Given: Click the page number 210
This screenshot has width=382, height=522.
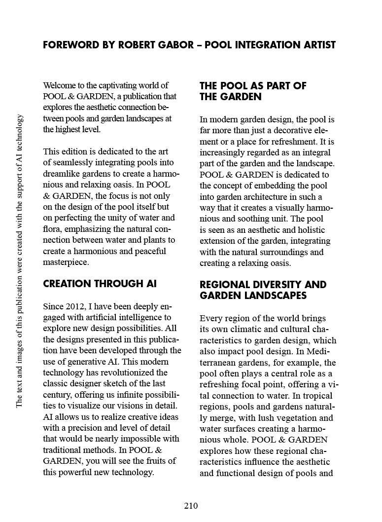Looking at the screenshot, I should pyautogui.click(x=191, y=506).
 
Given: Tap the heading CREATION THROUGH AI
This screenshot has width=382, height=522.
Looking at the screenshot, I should pyautogui.click(x=100, y=284).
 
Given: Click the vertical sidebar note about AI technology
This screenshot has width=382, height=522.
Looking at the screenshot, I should pyautogui.click(x=19, y=261).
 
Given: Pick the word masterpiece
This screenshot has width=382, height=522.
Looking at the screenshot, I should pyautogui.click(x=66, y=262).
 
